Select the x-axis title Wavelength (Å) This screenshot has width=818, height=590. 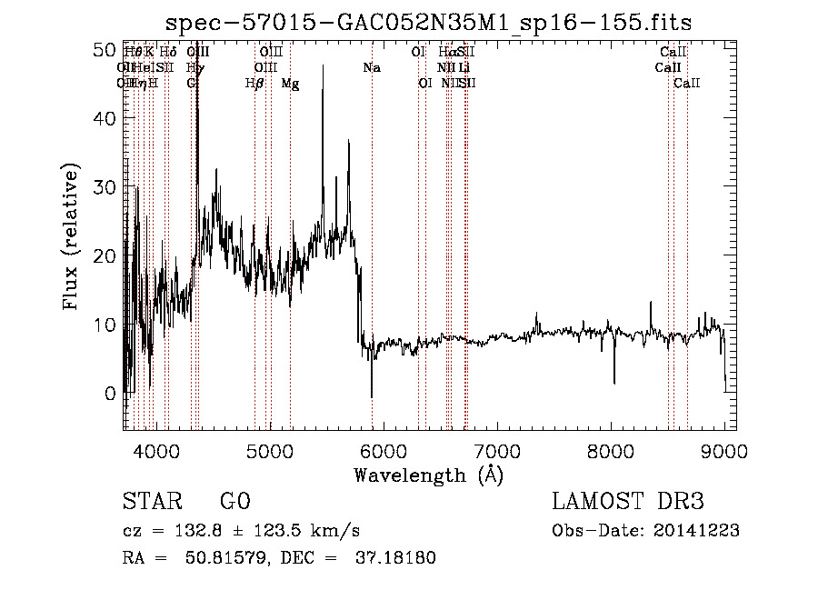(428, 475)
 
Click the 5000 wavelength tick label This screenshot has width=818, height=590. (269, 451)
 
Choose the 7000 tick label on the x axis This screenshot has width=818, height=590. (496, 451)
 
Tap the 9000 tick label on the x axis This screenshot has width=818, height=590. (723, 451)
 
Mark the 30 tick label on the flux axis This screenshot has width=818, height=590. (105, 187)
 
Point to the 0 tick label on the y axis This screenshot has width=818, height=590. (111, 394)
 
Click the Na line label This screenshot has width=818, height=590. (371, 68)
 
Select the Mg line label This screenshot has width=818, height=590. (290, 84)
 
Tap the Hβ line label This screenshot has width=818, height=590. (254, 84)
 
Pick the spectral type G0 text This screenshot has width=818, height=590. (234, 502)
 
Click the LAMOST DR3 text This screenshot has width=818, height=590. (628, 502)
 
